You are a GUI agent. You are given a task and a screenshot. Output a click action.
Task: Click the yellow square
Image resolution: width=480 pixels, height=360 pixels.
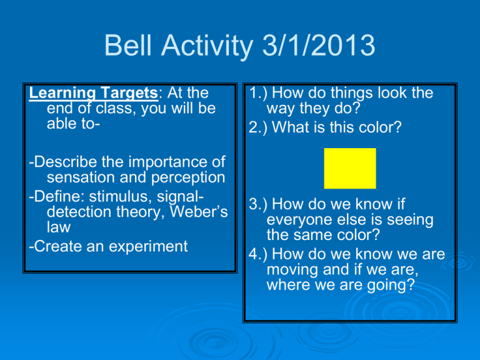350,168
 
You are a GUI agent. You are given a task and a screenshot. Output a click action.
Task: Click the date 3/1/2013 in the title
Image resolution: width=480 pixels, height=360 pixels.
319,45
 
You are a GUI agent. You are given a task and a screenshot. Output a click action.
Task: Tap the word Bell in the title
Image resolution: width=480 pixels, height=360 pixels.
128,45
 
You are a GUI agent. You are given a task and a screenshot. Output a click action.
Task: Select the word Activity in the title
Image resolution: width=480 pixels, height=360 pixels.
207,46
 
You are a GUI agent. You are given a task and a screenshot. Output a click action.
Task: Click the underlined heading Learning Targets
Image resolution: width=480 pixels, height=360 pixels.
93,93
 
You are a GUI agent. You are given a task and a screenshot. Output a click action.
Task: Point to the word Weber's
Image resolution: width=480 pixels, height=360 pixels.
199,211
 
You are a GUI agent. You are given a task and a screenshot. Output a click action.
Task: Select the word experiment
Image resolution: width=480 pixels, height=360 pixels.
148,247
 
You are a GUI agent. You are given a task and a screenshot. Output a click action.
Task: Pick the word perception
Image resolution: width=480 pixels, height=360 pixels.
188,178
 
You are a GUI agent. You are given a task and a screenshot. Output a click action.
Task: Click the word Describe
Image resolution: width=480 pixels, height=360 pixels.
66,162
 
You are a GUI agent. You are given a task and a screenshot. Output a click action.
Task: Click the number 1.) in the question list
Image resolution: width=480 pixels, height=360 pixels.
258,92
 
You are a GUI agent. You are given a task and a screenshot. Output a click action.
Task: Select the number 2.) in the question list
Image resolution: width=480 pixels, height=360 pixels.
258,127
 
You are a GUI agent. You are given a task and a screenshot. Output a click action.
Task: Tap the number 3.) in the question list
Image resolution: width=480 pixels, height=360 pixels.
258,204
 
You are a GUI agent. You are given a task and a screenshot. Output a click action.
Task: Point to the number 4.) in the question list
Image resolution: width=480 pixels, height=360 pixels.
258,254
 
